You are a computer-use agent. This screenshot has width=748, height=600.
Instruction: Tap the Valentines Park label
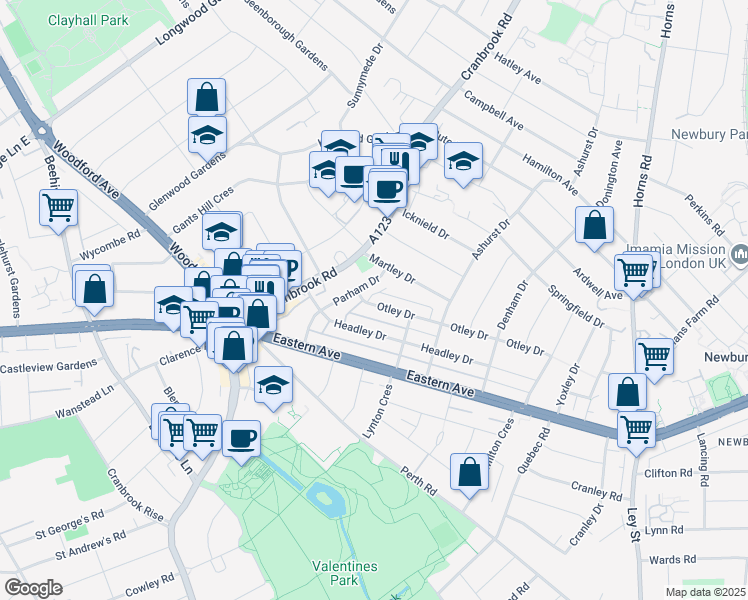[x=345, y=573]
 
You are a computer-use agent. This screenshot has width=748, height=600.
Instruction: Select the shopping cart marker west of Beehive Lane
[x=59, y=208]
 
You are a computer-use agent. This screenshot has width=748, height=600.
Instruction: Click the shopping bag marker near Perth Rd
[x=469, y=472]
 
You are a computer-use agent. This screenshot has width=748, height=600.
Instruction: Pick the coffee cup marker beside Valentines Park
[x=240, y=437]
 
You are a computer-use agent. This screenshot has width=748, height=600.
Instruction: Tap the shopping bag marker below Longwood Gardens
[x=206, y=98]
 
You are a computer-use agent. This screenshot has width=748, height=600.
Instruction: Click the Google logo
[x=33, y=587]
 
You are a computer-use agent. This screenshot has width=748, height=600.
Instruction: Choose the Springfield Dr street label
[x=576, y=307]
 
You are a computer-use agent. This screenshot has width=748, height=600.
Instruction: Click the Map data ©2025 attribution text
[x=706, y=591]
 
